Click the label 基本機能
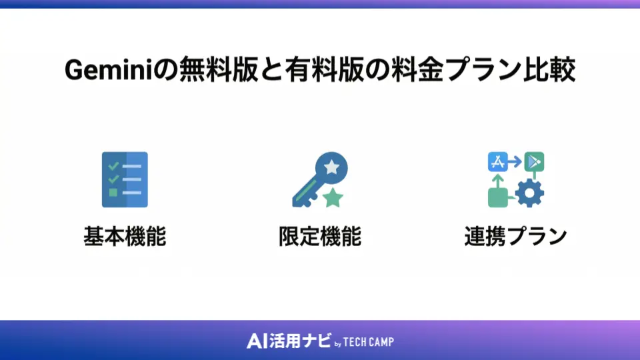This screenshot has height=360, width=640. [x=124, y=237]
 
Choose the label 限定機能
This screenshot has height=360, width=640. [x=320, y=237]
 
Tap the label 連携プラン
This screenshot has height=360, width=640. [x=515, y=237]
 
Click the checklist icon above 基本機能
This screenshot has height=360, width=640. [x=125, y=179]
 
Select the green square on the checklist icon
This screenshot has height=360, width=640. [x=113, y=193]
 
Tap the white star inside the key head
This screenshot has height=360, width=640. [x=331, y=167]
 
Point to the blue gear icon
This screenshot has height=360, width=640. [x=530, y=193]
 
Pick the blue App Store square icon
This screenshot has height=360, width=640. [x=499, y=162]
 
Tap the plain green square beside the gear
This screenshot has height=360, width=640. [x=498, y=197]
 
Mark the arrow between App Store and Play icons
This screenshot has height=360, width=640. [x=516, y=162]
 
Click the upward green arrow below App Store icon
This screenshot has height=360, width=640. [x=498, y=179]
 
